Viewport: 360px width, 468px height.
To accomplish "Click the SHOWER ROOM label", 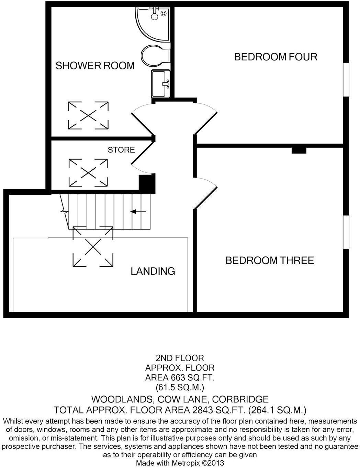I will point(95,66).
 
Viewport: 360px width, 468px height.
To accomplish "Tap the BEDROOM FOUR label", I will point(275,57).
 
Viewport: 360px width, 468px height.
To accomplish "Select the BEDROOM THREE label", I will point(269,260).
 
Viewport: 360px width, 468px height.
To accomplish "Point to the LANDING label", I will point(153,271).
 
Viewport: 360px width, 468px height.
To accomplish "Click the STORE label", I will point(121,150).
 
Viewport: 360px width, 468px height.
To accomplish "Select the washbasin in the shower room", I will point(160,83).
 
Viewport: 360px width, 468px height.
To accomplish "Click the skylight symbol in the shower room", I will point(88,115).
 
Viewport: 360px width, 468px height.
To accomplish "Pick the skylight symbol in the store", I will point(88,172).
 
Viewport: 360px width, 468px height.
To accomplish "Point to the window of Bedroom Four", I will point(346,79).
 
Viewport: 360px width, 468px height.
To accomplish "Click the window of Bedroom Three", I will point(346,232).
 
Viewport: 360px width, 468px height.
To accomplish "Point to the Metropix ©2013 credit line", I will point(180,463).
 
